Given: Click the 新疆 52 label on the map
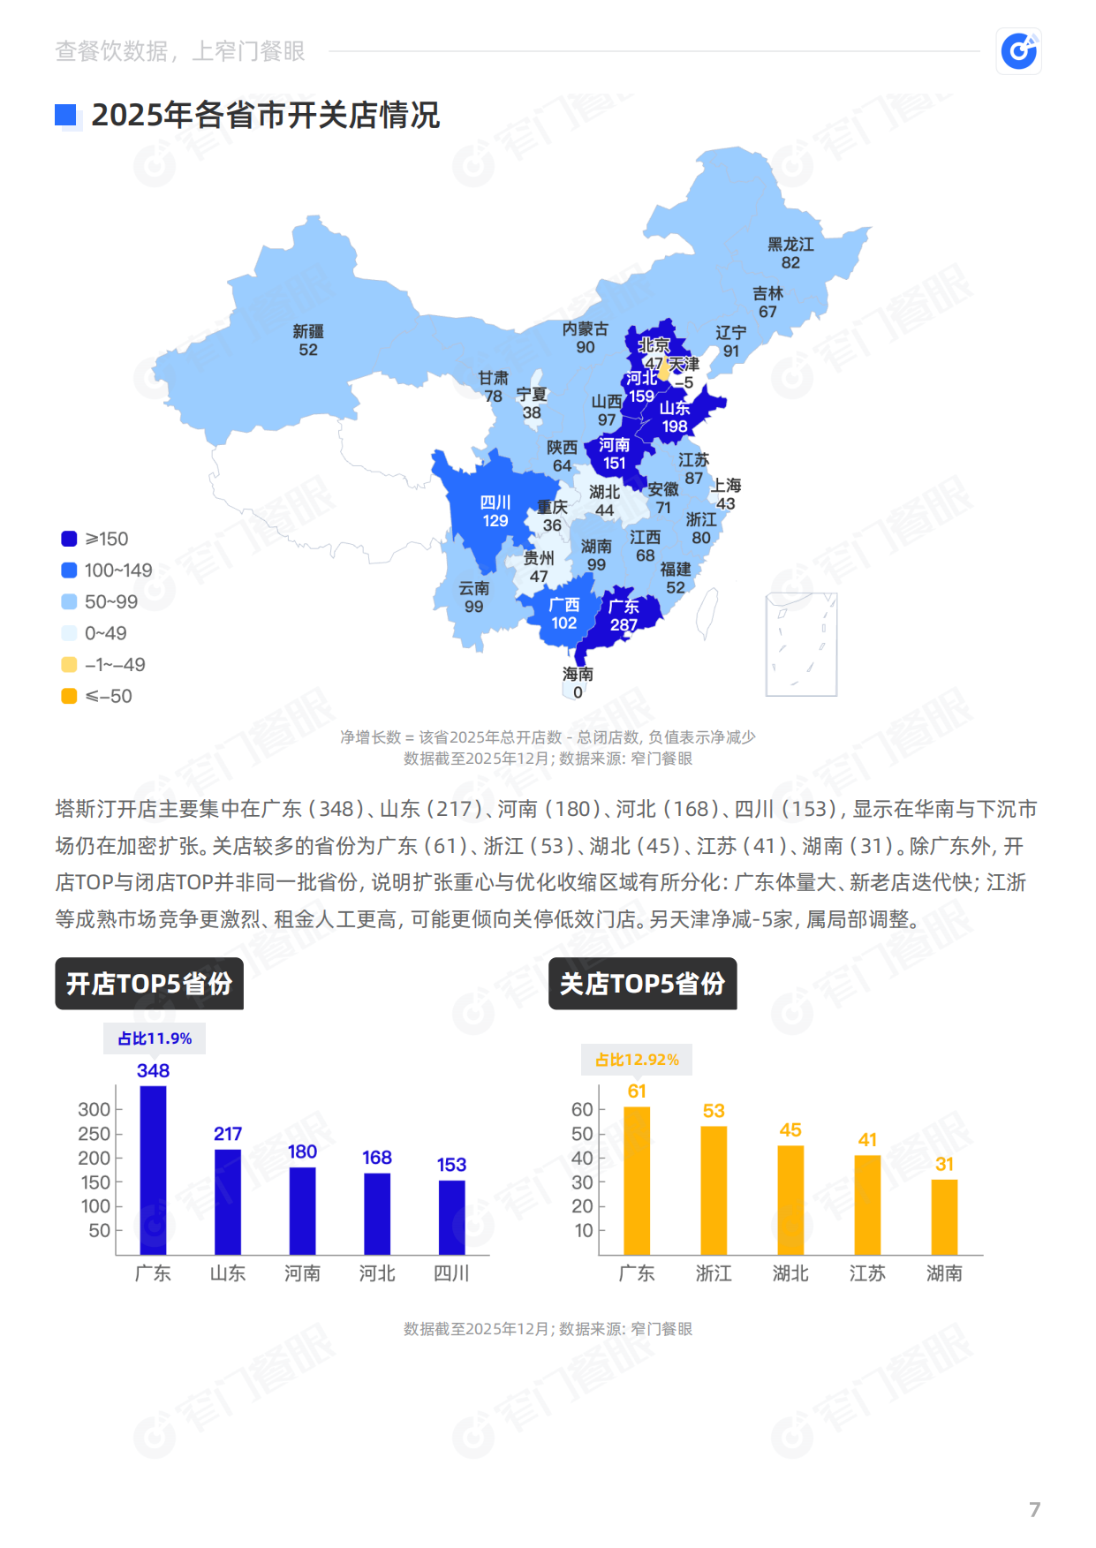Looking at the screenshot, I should point(308,341).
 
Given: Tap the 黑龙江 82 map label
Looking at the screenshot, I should point(790,253).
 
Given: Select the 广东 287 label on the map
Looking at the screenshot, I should point(624,615).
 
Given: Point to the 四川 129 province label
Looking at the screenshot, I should point(495,511).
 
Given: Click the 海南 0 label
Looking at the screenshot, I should point(578,683).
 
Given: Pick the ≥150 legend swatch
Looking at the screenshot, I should point(69,539).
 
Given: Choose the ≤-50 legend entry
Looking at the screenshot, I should point(97,696).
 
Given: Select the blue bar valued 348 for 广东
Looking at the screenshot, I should point(153,1170).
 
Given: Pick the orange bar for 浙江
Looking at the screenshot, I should point(714,1189).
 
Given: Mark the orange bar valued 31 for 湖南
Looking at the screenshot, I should point(944,1216).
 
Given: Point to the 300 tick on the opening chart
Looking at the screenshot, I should point(94,1109).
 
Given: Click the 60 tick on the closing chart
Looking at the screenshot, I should point(582,1109).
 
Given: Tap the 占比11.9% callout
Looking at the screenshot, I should point(155,1038).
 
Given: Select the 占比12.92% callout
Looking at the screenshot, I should point(637,1060).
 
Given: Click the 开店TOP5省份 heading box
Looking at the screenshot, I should point(149,984).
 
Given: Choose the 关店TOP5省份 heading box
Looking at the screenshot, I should point(642,984).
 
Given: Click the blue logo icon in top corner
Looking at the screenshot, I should point(1019,51).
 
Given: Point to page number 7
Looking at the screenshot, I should point(1034,1509).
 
